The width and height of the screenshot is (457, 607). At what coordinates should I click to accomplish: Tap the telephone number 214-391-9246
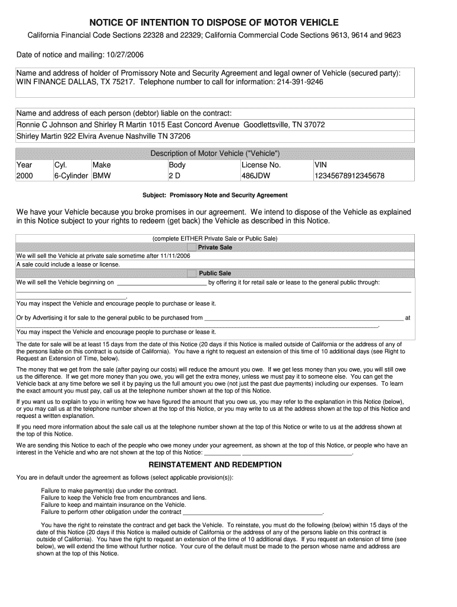[x=300, y=82]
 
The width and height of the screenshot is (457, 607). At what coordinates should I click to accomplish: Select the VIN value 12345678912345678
[x=350, y=176]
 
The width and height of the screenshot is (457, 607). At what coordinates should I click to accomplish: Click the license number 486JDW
[x=256, y=176]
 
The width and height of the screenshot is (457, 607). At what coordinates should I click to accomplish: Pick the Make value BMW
[x=101, y=176]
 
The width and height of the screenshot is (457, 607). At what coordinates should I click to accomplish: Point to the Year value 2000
[x=25, y=176]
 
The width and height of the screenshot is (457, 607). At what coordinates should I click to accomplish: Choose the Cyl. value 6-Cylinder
[x=71, y=176]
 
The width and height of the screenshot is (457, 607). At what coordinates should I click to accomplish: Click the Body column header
[x=177, y=165]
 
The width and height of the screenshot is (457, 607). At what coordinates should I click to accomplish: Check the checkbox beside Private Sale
[x=191, y=247]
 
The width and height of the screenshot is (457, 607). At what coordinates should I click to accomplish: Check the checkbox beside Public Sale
[x=191, y=273]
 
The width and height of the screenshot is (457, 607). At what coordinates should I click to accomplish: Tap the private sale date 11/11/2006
[x=174, y=256]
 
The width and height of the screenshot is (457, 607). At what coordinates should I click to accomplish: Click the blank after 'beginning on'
[x=162, y=283]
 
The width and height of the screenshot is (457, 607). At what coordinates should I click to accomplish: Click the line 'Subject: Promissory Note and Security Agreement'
[x=215, y=195]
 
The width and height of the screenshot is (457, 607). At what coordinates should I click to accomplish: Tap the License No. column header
[x=261, y=165]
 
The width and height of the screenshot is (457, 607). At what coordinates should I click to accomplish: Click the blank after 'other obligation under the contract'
[x=252, y=512]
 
